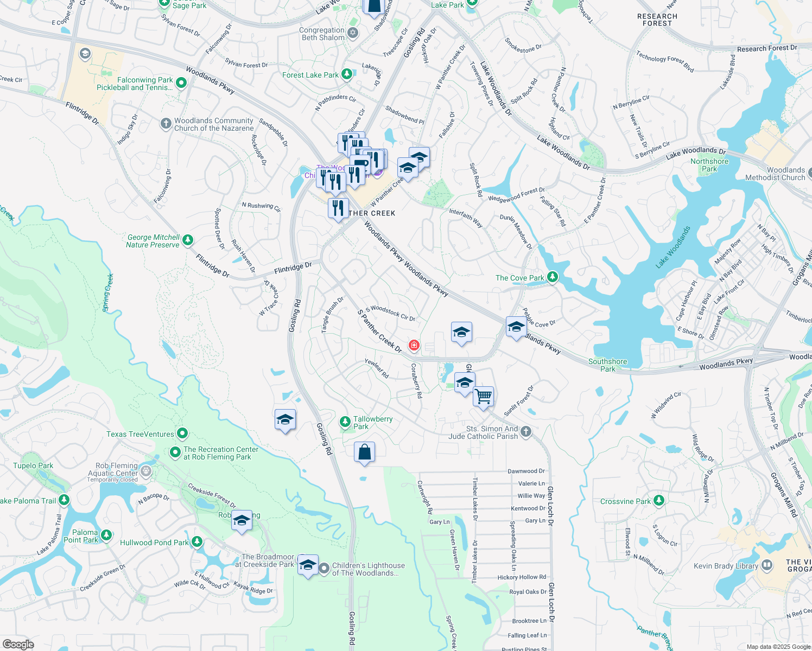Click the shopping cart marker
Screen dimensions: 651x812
click(x=483, y=397)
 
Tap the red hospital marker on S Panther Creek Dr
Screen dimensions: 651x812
click(x=414, y=345)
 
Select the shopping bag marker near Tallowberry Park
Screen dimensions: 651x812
click(x=364, y=452)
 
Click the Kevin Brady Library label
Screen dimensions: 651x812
click(x=726, y=566)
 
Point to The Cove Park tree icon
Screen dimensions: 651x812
click(x=553, y=277)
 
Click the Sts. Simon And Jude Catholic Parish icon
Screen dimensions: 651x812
click(x=525, y=432)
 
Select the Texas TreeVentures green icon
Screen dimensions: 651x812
click(x=182, y=433)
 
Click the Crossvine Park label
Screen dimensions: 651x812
click(x=625, y=501)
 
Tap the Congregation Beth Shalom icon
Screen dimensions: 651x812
click(x=353, y=34)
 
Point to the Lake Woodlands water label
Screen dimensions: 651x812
click(x=673, y=247)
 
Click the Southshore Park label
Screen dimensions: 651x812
click(x=607, y=365)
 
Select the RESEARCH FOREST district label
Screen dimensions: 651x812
click(x=657, y=20)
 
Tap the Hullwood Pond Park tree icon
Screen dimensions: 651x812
click(x=197, y=542)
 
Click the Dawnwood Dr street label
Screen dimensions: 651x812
click(x=526, y=471)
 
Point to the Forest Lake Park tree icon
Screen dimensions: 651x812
click(x=347, y=75)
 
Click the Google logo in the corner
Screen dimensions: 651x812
click(x=18, y=644)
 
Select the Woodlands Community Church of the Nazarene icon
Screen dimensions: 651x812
click(x=166, y=124)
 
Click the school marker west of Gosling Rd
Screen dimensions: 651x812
click(x=285, y=420)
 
